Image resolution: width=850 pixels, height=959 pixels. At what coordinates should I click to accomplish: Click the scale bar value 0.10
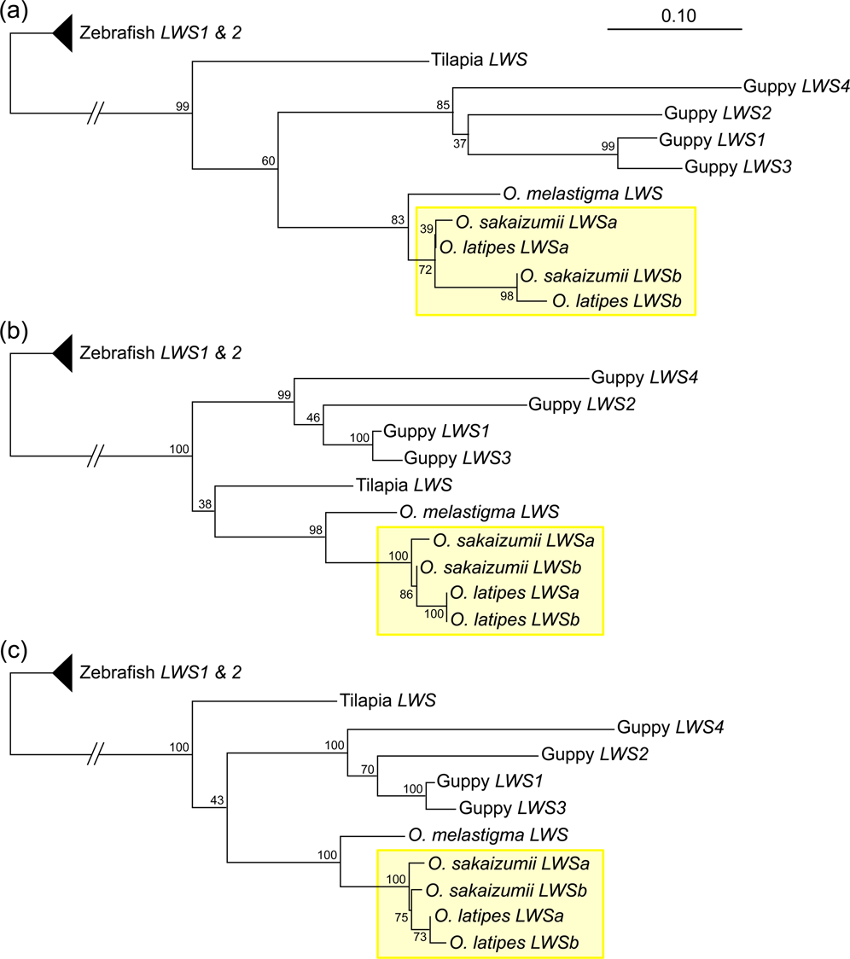tap(674, 15)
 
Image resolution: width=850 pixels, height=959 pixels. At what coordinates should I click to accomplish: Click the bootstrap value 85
tap(442, 106)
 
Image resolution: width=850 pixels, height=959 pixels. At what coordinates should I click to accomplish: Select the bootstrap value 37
tap(459, 142)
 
